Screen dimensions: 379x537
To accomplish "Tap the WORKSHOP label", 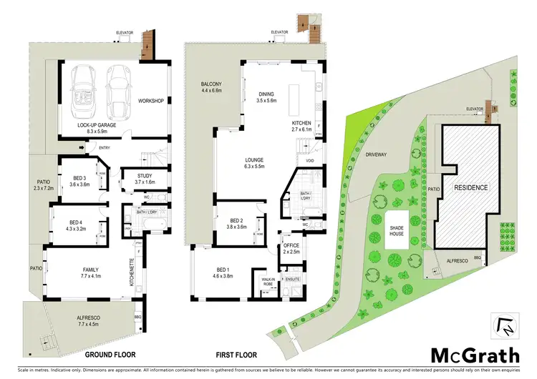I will [151, 101].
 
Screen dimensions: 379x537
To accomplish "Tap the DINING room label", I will [265, 98].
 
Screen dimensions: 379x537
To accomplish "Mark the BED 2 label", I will [236, 223].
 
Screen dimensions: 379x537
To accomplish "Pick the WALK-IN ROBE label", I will [267, 282].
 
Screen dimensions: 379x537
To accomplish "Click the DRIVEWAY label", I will [375, 154].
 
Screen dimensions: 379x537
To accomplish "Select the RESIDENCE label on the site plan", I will [470, 187].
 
